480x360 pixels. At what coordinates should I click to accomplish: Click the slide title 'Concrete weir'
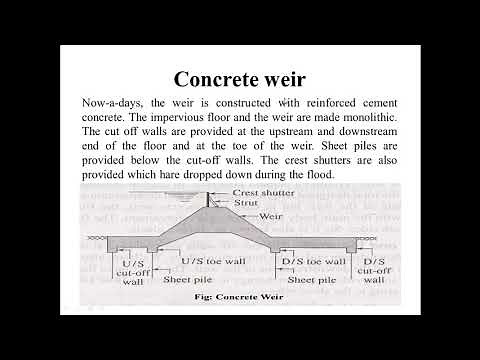pos(240,79)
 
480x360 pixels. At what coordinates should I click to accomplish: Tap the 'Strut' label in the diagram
pos(246,202)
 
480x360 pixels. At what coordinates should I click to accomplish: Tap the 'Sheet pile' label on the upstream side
pos(185,281)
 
